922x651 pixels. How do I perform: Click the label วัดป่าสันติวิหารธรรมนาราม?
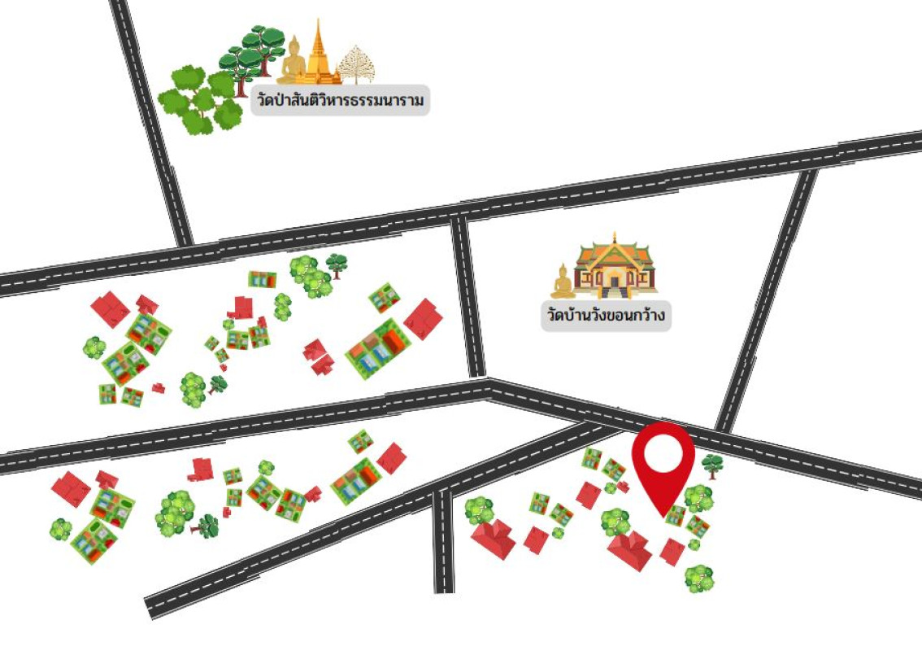[339, 103]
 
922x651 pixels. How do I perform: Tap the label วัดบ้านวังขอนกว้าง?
[607, 316]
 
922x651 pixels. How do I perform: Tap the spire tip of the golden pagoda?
[319, 22]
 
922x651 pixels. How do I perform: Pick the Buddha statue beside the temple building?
[563, 282]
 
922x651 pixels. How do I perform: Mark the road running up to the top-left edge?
[150, 122]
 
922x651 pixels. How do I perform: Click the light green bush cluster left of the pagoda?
[199, 100]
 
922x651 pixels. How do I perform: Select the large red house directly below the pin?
[630, 551]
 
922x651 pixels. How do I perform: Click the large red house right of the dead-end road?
[493, 539]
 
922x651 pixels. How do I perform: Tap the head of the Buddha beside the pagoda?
[293, 44]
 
